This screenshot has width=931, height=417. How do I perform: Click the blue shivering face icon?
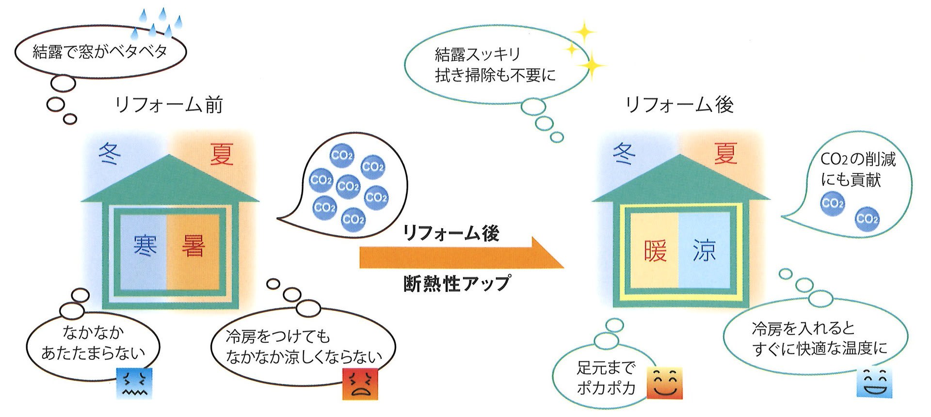point(134,383)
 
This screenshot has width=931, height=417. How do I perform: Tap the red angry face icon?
point(360,384)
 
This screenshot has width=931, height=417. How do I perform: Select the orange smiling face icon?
point(665,383)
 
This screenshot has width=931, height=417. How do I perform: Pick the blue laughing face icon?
point(874,383)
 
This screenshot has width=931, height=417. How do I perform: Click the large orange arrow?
point(461,254)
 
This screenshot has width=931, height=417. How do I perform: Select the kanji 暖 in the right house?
point(655,251)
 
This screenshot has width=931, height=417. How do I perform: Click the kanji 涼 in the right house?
point(704,251)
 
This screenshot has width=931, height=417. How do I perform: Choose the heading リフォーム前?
point(169,105)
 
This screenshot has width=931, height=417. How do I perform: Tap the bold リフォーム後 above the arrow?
point(451,233)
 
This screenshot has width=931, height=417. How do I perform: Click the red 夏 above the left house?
point(222,154)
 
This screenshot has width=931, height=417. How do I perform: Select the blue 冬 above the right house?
point(624,154)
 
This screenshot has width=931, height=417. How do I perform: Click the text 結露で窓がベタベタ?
point(100,51)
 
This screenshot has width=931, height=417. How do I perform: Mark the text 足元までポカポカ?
point(606,378)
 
